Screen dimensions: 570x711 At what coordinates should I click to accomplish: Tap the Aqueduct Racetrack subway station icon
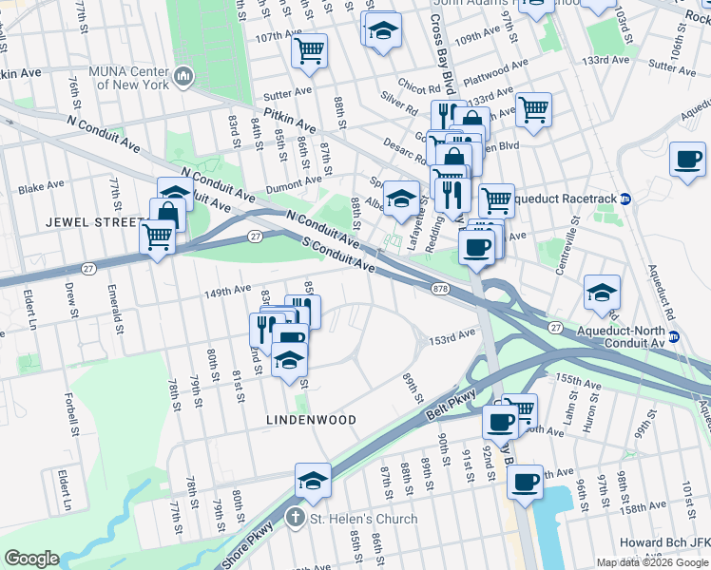point(625,199)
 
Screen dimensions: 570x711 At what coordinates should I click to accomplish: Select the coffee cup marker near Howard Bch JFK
point(525,482)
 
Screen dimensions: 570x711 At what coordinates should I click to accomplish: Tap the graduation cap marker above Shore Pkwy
point(313,480)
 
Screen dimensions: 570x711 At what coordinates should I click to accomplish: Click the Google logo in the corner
point(31,559)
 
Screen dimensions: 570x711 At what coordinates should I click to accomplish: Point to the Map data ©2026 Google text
point(651,562)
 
